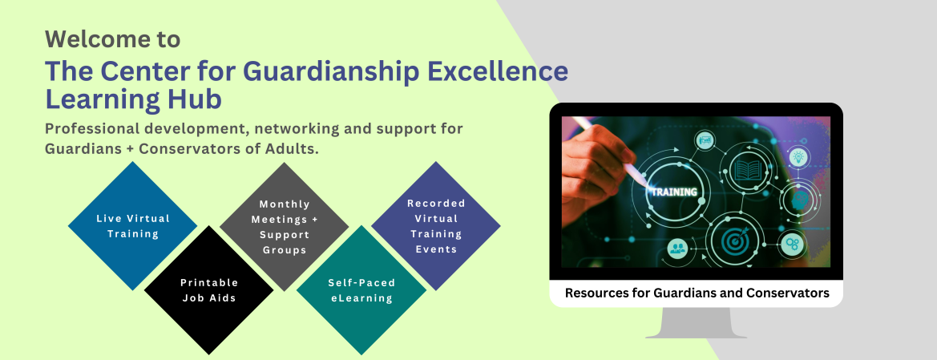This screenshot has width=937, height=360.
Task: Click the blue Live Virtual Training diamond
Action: tap(133, 226)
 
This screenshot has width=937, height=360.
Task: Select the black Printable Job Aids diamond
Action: tap(208, 290)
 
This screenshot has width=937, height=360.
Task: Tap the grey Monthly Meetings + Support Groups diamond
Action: tap(285, 227)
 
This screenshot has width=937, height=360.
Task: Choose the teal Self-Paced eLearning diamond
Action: tap(361, 290)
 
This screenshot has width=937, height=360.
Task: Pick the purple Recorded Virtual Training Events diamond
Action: tap(436, 226)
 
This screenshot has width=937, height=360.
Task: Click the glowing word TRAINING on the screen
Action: tap(673, 192)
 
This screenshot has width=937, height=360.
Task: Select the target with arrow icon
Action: tap(733, 241)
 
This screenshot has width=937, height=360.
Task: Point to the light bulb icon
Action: tap(798, 158)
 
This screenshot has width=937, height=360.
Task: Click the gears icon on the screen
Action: tap(793, 244)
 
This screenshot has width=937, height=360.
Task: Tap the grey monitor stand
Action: tap(697, 323)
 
